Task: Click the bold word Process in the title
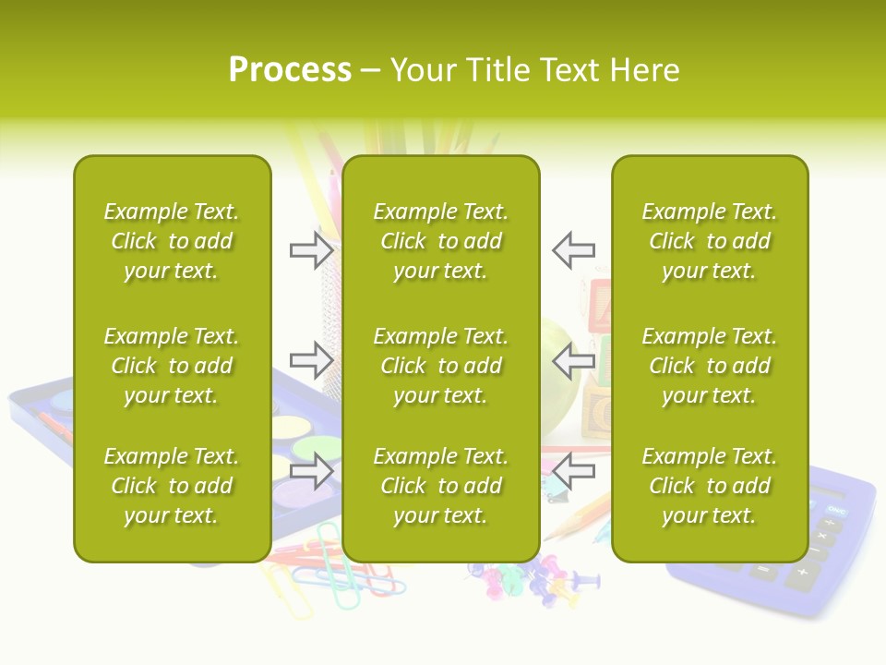290,70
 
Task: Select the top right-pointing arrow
311,249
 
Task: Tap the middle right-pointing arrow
311,359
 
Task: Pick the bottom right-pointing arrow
311,471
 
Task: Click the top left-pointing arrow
574,249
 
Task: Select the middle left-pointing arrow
574,359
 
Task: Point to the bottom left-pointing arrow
574,471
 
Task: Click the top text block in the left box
172,241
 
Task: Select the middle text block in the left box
172,366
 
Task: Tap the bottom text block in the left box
172,486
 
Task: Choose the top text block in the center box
440,241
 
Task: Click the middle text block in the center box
440,366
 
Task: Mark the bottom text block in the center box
440,486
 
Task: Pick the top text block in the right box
709,241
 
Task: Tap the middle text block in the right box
709,366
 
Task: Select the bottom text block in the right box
709,486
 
